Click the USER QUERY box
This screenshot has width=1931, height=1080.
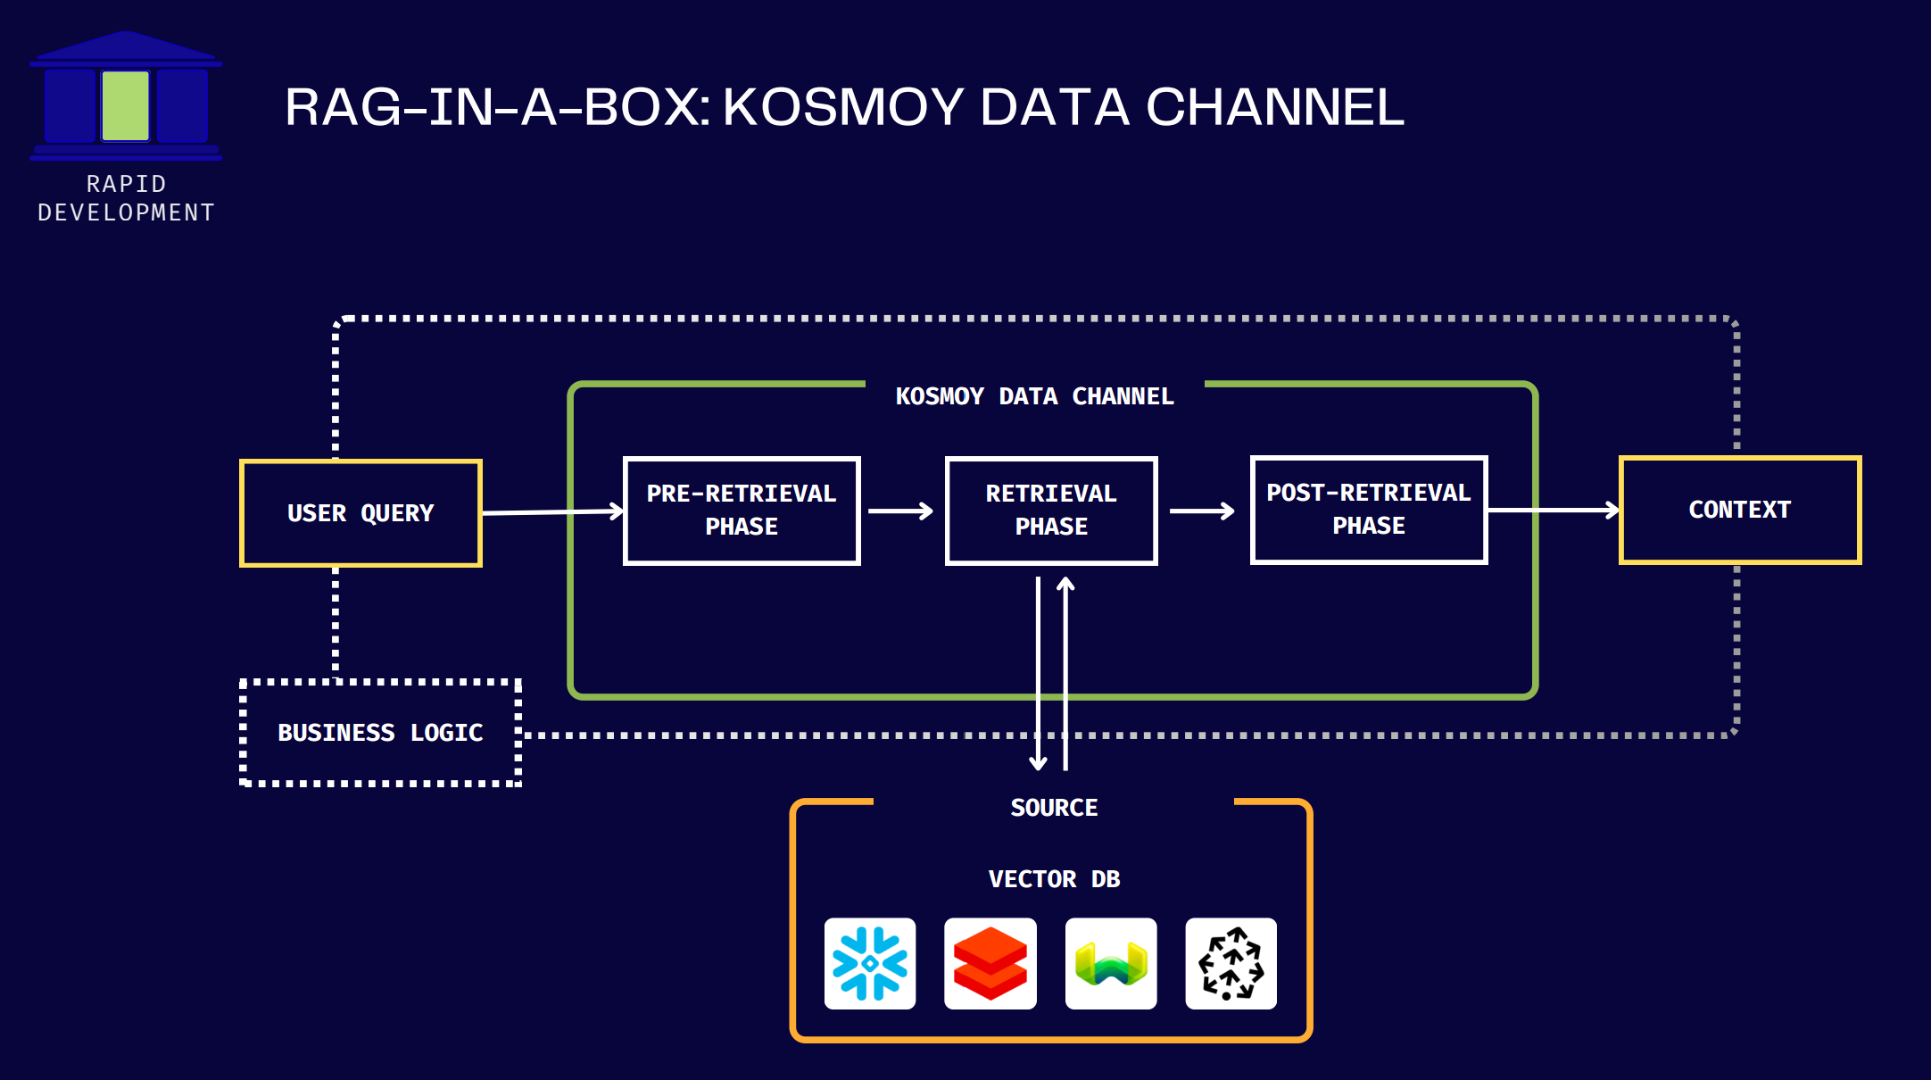[x=361, y=513]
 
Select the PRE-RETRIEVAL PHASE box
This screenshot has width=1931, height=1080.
[x=742, y=511]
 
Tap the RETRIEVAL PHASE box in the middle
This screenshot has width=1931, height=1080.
[x=1051, y=511]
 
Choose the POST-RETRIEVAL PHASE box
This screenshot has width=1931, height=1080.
[x=1369, y=510]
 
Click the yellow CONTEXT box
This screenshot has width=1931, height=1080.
[x=1740, y=510]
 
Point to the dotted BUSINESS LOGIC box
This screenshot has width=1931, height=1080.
[x=380, y=733]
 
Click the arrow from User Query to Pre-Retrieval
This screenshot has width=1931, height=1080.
[x=552, y=511]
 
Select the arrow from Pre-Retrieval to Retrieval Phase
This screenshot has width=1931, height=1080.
[x=899, y=511]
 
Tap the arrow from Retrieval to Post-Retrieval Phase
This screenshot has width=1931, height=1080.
[x=1201, y=511]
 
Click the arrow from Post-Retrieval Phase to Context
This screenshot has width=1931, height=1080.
[x=1553, y=510]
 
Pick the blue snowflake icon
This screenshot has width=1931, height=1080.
[x=870, y=963]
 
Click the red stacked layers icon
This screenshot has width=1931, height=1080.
[x=990, y=963]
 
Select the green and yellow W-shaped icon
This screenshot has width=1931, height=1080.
[x=1111, y=963]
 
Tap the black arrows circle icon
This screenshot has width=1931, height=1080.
[x=1231, y=963]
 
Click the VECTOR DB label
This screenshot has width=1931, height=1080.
[x=1054, y=879]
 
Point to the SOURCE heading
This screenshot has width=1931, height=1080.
[x=1054, y=808]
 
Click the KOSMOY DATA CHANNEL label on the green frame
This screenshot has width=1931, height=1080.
[x=1034, y=396]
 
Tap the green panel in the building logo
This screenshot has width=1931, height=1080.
[x=126, y=106]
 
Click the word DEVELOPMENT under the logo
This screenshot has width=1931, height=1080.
[x=126, y=212]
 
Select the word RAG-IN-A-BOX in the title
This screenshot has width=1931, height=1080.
[x=496, y=107]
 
